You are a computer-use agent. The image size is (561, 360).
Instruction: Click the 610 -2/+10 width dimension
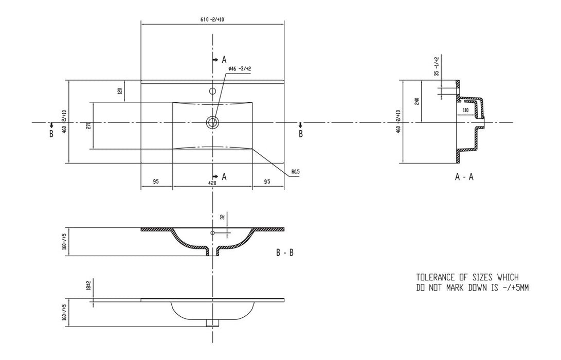212,20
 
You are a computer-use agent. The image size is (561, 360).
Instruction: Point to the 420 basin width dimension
212,182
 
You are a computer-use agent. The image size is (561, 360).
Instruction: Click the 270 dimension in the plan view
88,126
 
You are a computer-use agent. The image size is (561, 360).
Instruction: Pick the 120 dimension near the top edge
120,91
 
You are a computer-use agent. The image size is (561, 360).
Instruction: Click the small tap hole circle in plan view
212,92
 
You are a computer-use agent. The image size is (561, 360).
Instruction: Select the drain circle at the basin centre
212,122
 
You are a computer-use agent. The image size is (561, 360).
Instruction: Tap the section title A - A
464,177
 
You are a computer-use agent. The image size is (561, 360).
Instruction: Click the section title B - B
284,253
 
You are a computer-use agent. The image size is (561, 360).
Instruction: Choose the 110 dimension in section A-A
465,110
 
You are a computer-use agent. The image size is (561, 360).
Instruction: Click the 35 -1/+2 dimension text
437,66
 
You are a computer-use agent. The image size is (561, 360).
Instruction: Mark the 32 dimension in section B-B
222,217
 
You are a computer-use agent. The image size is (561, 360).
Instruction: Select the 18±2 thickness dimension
89,286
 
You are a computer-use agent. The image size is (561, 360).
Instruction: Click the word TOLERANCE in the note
438,277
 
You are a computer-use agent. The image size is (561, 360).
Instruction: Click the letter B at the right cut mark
301,134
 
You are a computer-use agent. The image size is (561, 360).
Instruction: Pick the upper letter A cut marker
224,59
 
